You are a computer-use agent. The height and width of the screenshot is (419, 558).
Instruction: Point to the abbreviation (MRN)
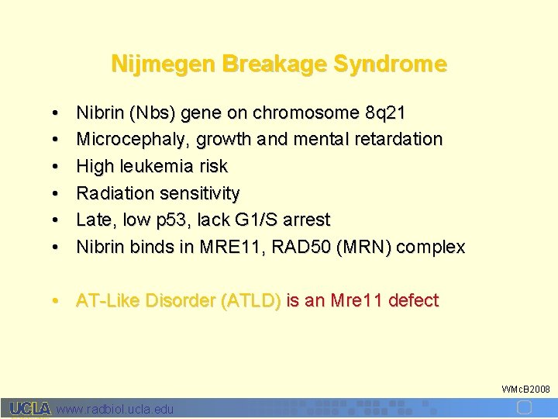click(x=364, y=248)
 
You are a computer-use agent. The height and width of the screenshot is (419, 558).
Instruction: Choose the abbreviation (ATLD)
click(x=251, y=301)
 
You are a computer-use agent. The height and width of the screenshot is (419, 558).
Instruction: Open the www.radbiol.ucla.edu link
click(x=115, y=409)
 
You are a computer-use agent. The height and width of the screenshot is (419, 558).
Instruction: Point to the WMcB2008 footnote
click(x=525, y=388)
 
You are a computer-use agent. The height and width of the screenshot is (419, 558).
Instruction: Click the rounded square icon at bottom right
click(x=524, y=408)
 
